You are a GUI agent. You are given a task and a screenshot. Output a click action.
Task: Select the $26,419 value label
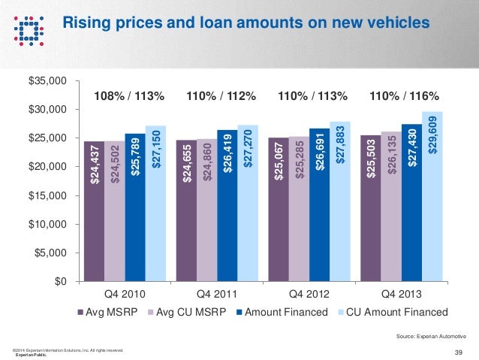pyautogui.click(x=227, y=156)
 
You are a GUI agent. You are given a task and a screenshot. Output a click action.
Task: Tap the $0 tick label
pyautogui.click(x=57, y=282)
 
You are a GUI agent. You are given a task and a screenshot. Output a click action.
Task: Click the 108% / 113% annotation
pyautogui.click(x=128, y=96)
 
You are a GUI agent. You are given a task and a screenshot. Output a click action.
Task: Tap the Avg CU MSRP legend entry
pyautogui.click(x=194, y=312)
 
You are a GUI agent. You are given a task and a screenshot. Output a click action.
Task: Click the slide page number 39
pyautogui.click(x=459, y=351)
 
